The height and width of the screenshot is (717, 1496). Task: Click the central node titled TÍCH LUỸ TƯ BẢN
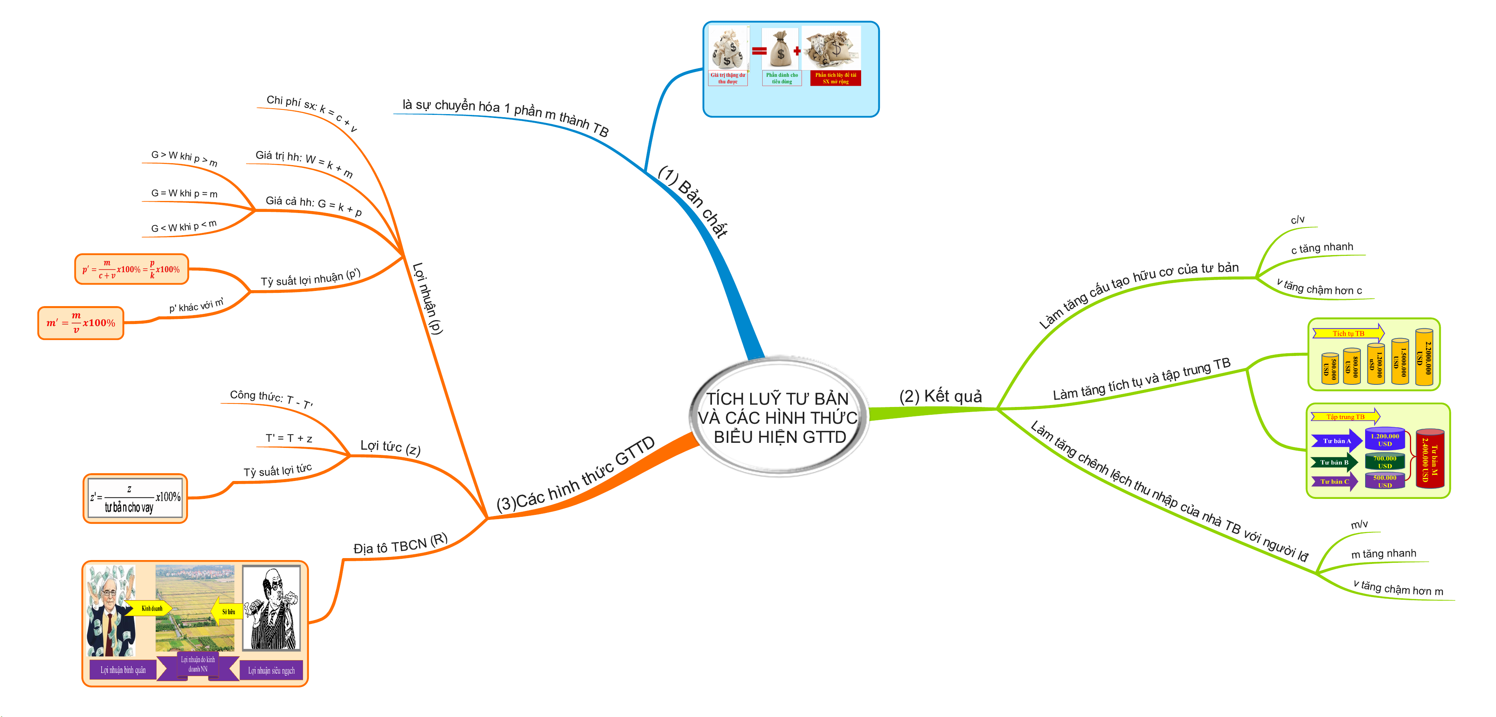778,417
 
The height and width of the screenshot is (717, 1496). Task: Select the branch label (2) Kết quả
940,396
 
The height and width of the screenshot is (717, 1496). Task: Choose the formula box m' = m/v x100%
81,323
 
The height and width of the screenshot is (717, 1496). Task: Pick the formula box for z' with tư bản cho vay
135,498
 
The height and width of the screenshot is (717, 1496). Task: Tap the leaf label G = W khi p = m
184,193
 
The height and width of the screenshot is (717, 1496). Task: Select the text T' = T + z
289,438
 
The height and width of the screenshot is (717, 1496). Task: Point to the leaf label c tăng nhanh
1322,248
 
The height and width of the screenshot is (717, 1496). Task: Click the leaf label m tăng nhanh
1383,554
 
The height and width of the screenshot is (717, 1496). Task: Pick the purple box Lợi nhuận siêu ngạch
271,671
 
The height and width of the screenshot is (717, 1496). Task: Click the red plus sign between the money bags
797,51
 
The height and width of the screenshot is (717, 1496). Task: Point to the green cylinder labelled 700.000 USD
1385,462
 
